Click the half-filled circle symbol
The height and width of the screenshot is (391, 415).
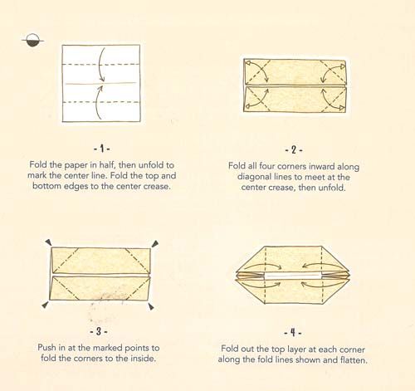(x=32, y=41)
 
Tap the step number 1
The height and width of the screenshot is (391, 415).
(x=101, y=149)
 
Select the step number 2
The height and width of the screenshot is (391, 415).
(x=294, y=150)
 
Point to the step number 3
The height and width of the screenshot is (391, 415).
(x=99, y=331)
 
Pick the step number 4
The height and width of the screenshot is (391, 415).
(x=293, y=332)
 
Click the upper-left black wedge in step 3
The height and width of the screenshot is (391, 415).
(x=49, y=242)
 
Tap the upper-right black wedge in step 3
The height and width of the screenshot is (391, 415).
(x=155, y=244)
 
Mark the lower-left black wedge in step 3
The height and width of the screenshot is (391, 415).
(x=45, y=305)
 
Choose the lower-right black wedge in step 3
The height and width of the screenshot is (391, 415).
(x=151, y=306)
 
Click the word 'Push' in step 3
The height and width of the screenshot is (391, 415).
(x=46, y=347)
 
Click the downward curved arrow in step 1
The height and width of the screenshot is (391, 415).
(x=101, y=65)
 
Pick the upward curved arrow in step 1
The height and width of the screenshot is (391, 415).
(x=99, y=102)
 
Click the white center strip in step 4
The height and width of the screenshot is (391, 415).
(x=293, y=276)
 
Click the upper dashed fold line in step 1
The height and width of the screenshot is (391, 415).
(x=101, y=65)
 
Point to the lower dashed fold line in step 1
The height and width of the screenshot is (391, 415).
(x=101, y=102)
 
